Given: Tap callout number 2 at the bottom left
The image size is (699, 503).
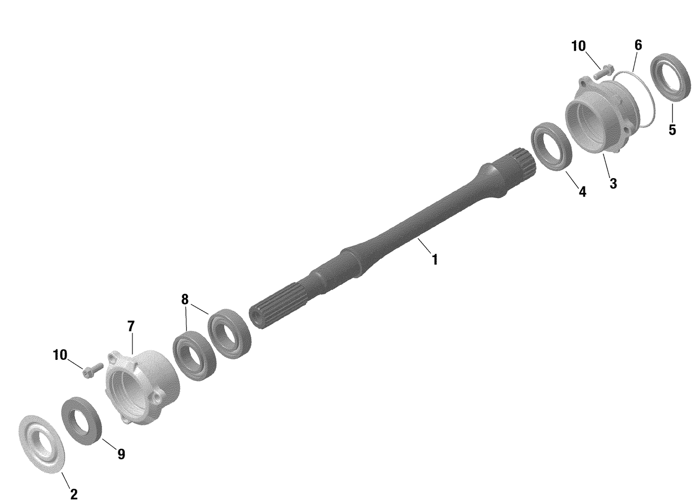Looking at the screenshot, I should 74,493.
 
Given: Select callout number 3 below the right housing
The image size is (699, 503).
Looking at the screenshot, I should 613,184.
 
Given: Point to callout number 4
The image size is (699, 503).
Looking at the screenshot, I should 582,191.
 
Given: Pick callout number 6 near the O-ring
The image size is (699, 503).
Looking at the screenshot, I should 638,45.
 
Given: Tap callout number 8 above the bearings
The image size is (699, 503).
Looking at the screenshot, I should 185,299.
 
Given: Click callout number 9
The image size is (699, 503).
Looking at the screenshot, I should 121,454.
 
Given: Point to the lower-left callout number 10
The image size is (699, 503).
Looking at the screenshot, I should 60,355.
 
